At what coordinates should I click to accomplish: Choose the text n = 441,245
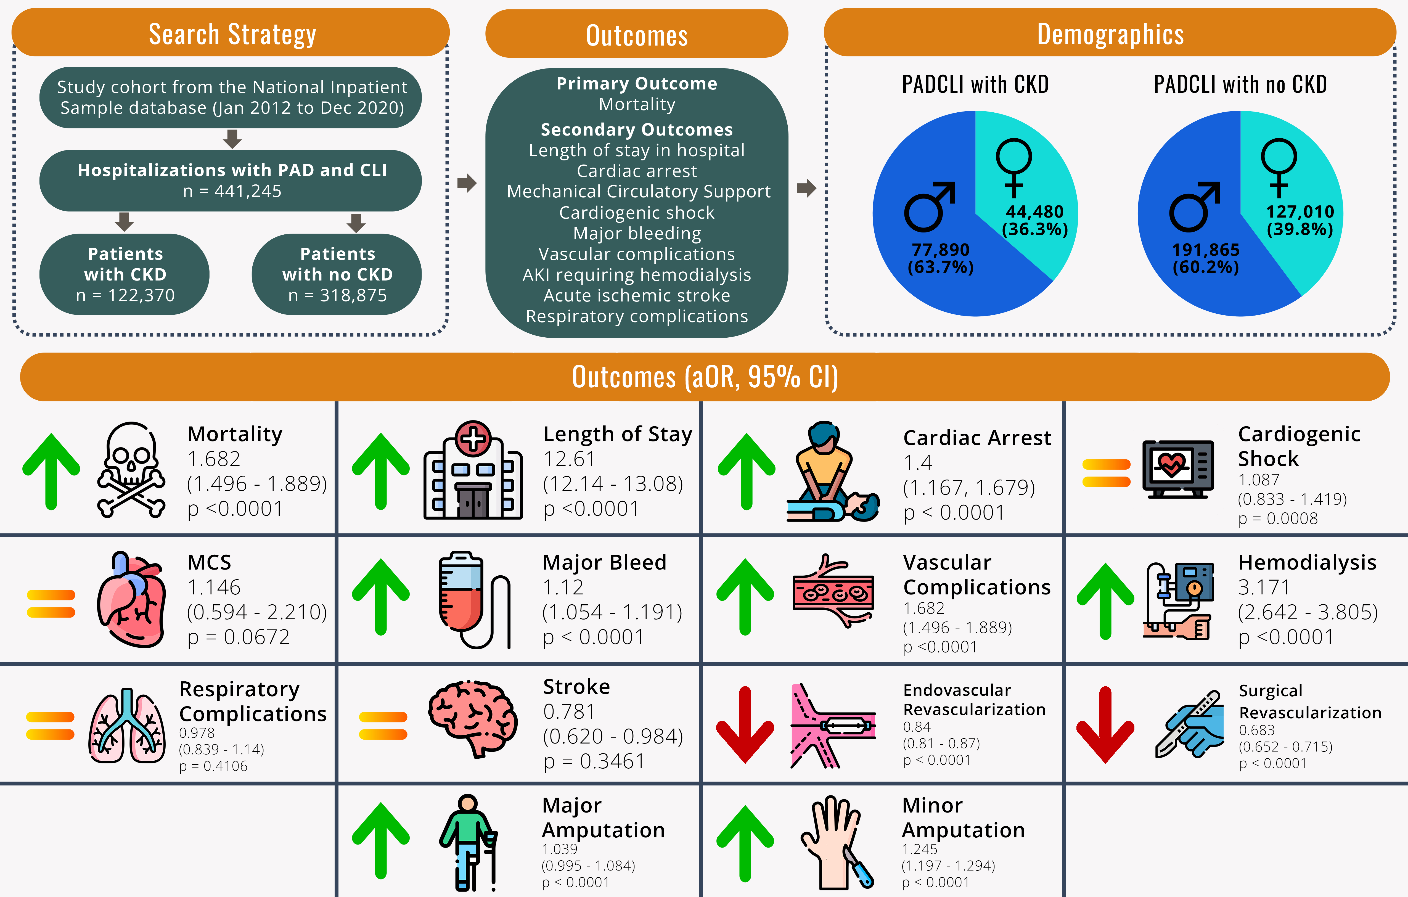[x=232, y=191]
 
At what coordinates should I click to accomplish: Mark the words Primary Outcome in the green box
[x=637, y=84]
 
